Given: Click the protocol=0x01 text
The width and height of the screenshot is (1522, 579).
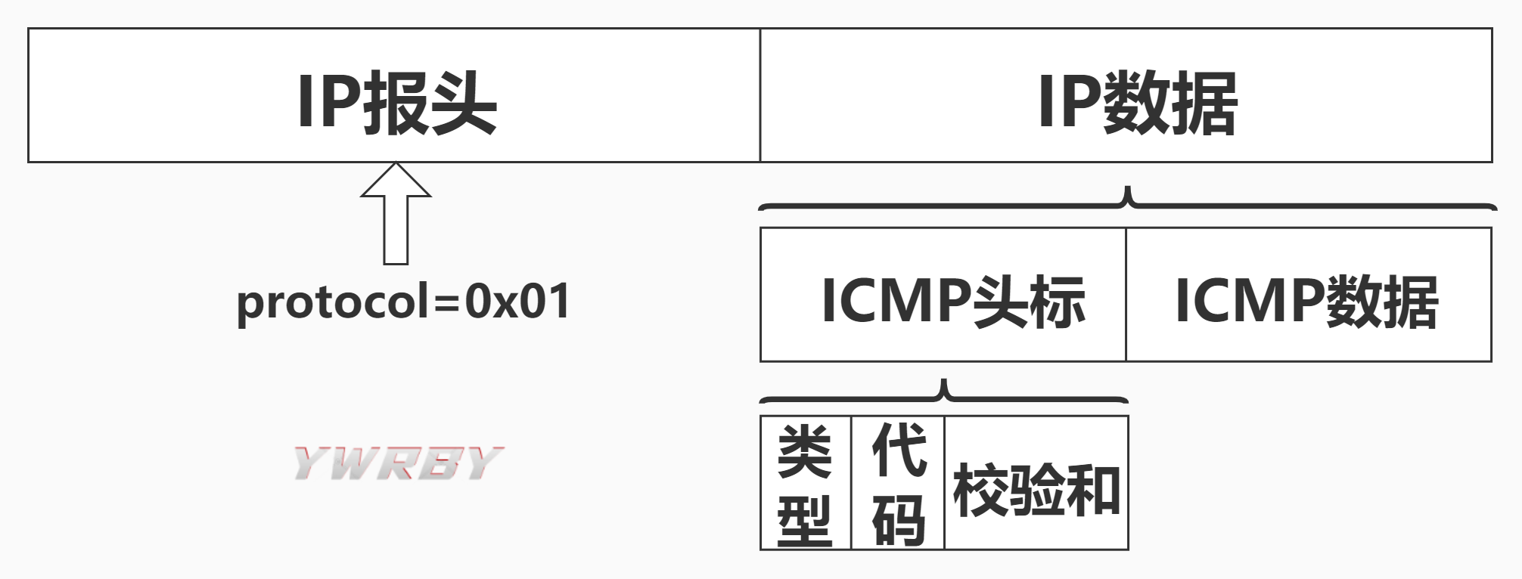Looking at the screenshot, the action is click(x=403, y=302).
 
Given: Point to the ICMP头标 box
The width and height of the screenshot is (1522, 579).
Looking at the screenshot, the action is click(x=943, y=295).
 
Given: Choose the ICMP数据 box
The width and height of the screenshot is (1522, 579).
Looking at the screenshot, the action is click(x=1308, y=295).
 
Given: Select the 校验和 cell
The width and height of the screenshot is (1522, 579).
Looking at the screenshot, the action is click(x=1036, y=490).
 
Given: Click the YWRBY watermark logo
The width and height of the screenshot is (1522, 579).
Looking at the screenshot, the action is click(x=398, y=463).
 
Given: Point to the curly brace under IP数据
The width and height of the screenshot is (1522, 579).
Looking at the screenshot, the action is click(x=1127, y=201).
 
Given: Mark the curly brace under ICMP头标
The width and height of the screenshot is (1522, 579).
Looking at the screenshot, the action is click(x=943, y=393).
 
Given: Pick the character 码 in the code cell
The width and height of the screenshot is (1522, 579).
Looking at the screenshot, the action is click(x=899, y=520).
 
